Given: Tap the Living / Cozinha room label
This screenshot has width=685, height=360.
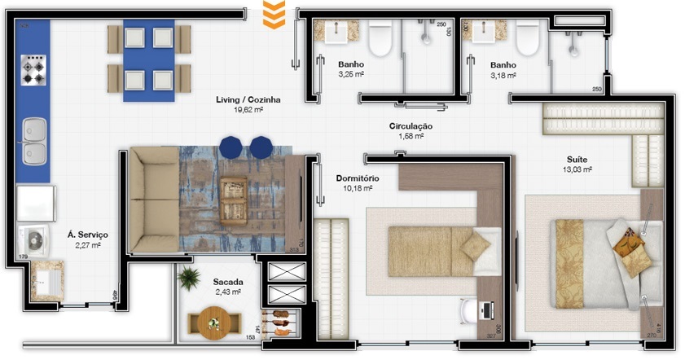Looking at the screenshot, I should click(x=248, y=99).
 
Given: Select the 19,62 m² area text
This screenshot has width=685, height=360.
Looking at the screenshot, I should click(x=248, y=109).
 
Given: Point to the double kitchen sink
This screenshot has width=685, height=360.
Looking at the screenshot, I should click(x=34, y=140).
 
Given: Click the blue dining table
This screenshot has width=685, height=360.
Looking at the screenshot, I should click(x=148, y=59).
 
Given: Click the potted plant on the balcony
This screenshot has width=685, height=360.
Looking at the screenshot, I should click(x=190, y=279).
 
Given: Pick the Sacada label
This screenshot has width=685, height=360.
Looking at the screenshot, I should click(x=228, y=281).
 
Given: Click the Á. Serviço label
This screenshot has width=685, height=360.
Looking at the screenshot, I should click(x=87, y=235).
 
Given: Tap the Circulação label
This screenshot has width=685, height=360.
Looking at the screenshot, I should click(x=411, y=126).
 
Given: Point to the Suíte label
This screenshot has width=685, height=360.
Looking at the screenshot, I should click(x=579, y=160).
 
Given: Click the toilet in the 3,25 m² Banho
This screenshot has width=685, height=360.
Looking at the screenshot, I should click(x=380, y=37).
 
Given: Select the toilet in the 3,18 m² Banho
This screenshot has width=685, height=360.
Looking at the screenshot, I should click(x=528, y=37).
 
